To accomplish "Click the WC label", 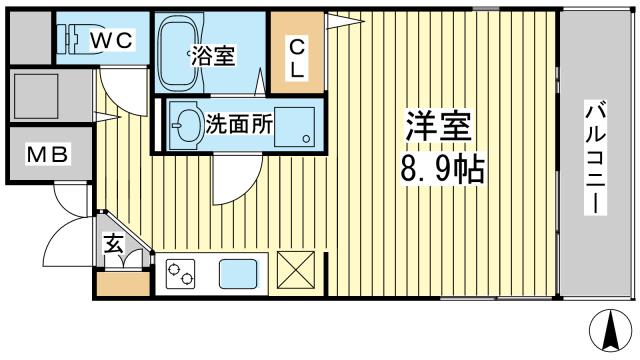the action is click(111, 40).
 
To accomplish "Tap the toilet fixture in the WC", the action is click(73, 39).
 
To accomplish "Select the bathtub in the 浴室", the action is click(179, 52).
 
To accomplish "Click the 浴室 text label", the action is click(213, 56).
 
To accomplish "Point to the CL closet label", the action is click(297, 59).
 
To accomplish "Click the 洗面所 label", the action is click(239, 124).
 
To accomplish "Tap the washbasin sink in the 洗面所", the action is click(187, 125).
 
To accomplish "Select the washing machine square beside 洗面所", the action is click(294, 127).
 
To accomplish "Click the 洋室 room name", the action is click(438, 126).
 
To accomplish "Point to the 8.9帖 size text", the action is click(442, 169).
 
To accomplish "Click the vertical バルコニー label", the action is click(596, 157).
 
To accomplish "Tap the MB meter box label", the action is click(47, 154).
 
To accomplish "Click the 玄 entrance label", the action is click(113, 244).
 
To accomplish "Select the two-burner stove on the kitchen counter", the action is click(180, 273).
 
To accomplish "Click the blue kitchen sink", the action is click(238, 274).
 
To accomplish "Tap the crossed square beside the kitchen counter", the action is click(296, 270).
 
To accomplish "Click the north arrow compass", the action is click(611, 330).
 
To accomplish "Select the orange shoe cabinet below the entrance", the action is click(124, 284).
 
